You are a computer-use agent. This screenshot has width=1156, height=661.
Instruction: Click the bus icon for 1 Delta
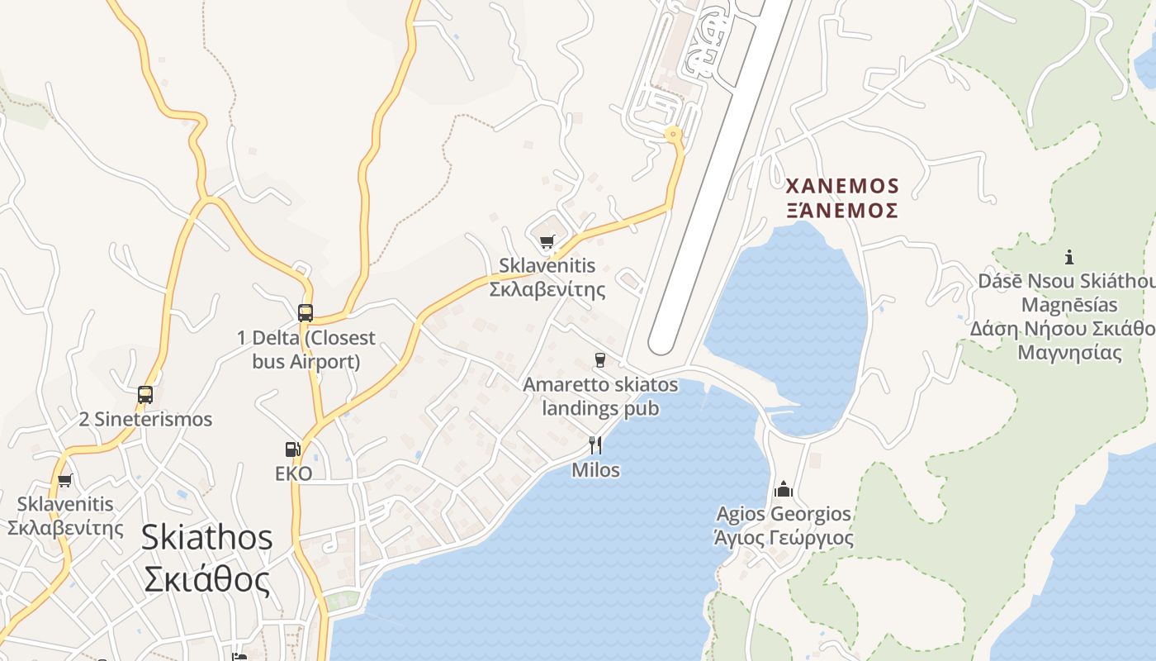click(306, 313)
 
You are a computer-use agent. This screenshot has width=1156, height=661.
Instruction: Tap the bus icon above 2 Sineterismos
click(145, 395)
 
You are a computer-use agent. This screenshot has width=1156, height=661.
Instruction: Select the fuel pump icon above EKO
click(292, 449)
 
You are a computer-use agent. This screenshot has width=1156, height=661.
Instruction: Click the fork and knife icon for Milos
click(595, 445)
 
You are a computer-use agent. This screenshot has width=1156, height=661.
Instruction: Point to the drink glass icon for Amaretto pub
click(600, 360)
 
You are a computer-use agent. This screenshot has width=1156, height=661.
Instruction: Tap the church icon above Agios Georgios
click(784, 489)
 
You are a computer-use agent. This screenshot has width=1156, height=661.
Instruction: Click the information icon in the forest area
click(1069, 256)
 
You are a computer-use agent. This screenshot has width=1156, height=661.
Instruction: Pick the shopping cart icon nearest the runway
click(547, 242)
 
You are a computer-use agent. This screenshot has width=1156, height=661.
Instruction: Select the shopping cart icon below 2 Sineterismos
click(64, 480)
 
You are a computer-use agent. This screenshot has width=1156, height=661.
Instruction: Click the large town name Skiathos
click(206, 537)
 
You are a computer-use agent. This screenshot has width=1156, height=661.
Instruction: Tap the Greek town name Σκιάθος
click(206, 579)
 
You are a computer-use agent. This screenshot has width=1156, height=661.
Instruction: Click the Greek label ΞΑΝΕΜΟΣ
click(842, 209)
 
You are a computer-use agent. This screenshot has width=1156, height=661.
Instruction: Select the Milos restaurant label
click(595, 470)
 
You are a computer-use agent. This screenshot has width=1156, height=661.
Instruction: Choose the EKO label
click(294, 473)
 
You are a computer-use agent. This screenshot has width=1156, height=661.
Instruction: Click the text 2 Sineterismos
click(145, 419)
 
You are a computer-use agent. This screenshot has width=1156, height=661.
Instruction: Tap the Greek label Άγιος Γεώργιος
click(783, 538)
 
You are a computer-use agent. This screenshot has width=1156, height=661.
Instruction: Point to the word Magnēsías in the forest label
click(1069, 305)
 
